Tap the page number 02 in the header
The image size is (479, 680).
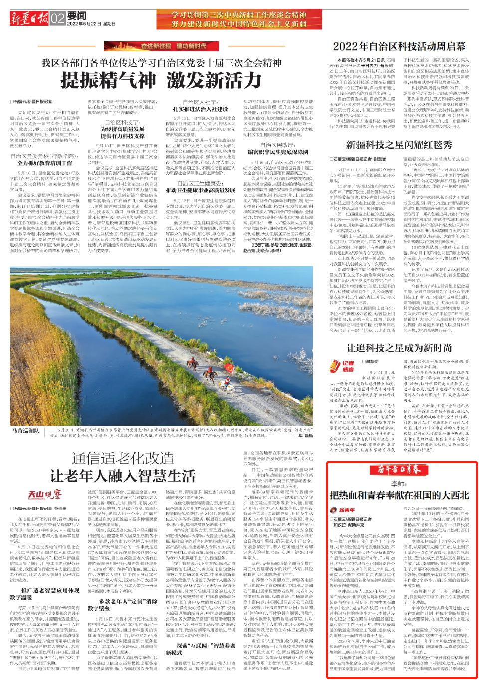point(58,18)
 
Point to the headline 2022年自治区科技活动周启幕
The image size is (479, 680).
point(399,46)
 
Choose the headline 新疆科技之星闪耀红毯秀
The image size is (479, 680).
point(399,145)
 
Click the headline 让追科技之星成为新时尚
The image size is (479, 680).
point(399,348)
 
